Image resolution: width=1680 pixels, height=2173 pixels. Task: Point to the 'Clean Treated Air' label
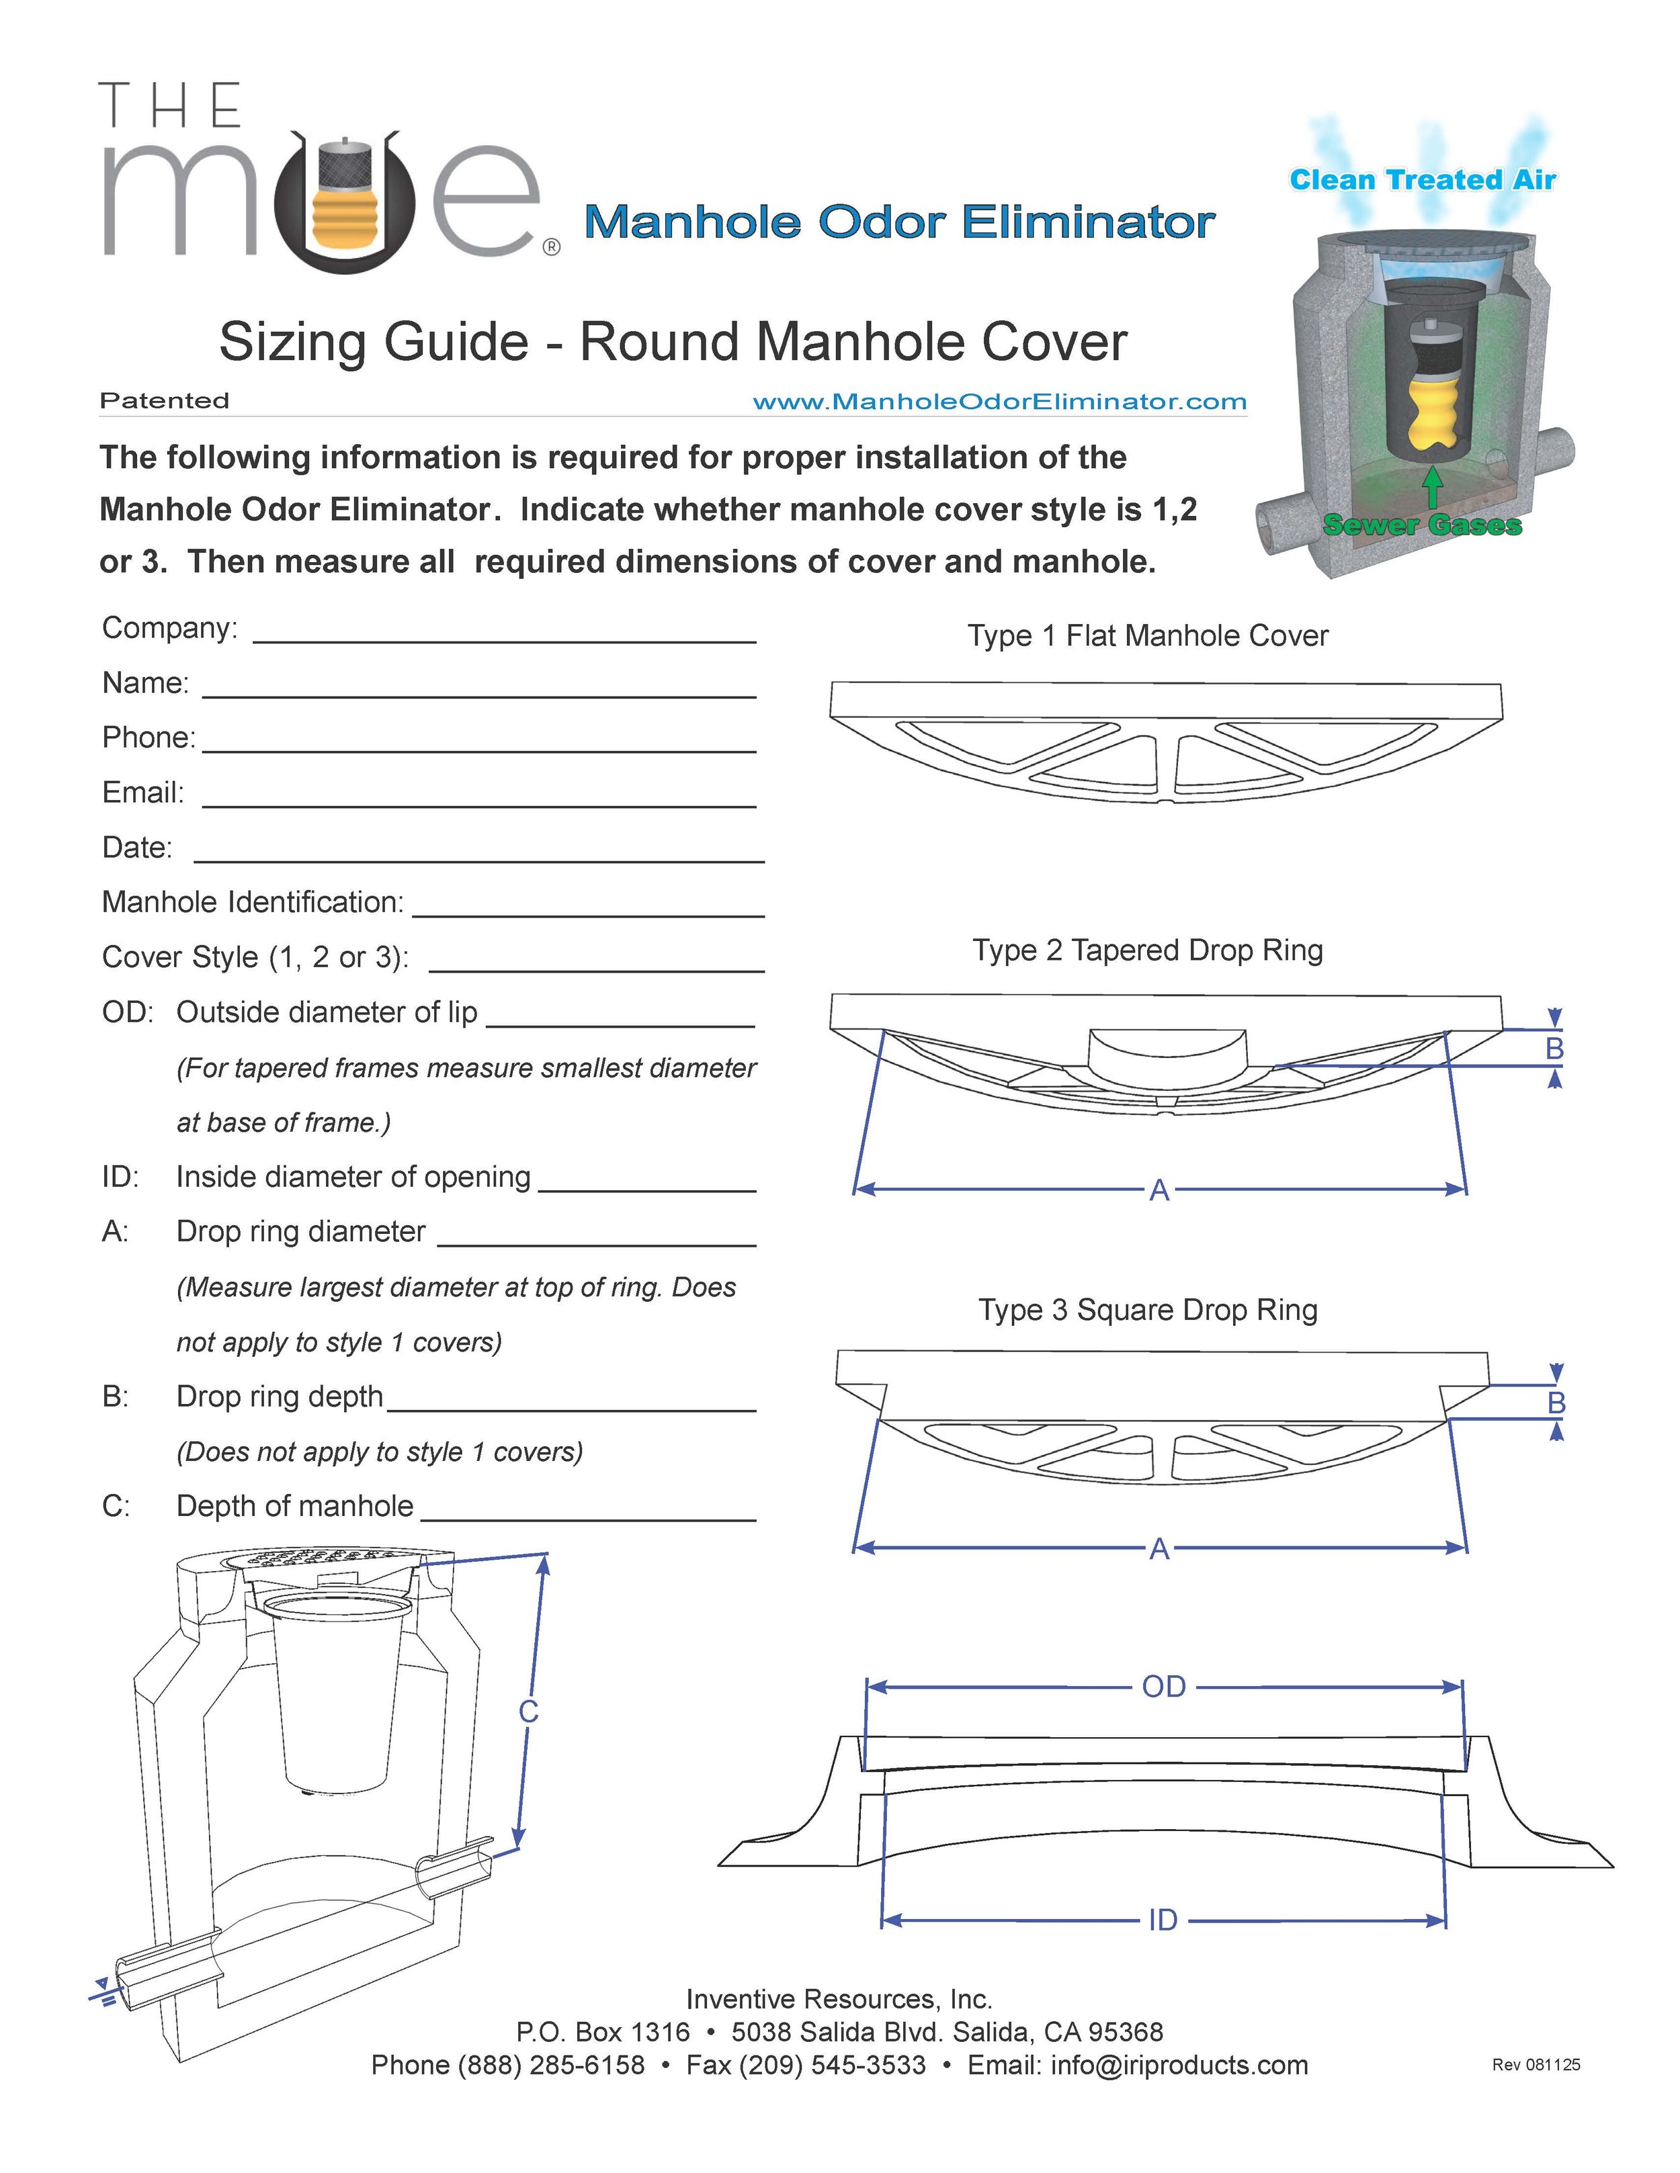click(1422, 180)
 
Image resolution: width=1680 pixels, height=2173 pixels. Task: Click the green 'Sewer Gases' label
click(1422, 525)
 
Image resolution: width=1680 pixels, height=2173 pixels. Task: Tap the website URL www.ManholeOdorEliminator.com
click(999, 402)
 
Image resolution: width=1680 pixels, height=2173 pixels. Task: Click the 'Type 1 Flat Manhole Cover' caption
click(1148, 636)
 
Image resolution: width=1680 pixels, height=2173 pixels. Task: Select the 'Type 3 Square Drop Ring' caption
click(1148, 1309)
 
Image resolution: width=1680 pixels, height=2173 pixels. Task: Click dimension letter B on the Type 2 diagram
click(1554, 1049)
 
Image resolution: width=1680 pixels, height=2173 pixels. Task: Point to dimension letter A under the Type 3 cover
click(1159, 1548)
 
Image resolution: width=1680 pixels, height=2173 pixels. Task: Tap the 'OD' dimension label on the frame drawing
click(1163, 1687)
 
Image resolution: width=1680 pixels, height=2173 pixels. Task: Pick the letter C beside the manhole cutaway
click(528, 1712)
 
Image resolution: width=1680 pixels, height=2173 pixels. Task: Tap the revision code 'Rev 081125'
click(1536, 2065)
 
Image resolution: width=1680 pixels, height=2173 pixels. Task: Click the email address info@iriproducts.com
click(1179, 2065)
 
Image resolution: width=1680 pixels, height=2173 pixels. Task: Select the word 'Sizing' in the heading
click(294, 343)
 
